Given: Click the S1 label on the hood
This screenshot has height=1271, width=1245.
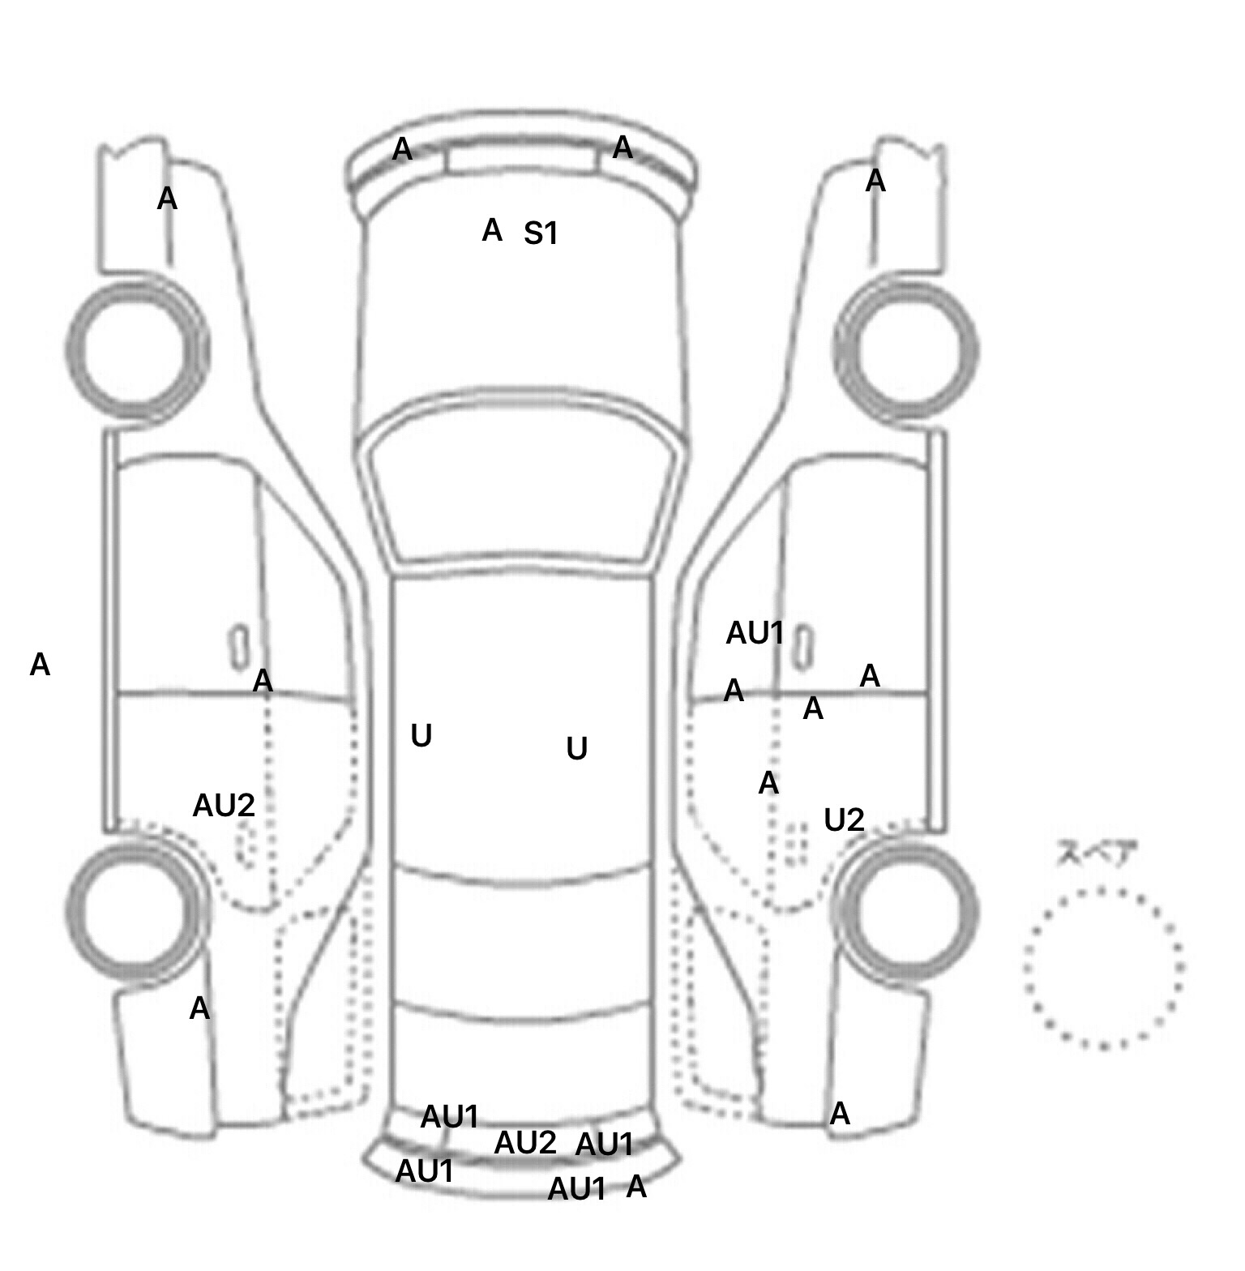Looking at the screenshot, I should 541,234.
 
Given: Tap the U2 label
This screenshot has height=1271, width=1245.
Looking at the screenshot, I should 844,821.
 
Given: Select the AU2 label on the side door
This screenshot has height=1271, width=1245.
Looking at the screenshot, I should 224,806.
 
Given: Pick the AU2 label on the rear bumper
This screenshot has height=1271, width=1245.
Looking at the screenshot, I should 525,1144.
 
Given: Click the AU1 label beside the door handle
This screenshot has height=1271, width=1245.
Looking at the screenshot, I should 755,634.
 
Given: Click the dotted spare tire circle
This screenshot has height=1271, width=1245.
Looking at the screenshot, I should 1104,968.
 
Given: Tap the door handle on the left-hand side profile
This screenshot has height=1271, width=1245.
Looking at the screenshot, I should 239,646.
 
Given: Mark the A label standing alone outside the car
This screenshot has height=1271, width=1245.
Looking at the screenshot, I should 40,665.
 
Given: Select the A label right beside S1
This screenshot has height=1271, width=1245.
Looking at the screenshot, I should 492,231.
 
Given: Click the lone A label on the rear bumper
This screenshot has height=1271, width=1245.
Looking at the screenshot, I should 637,1188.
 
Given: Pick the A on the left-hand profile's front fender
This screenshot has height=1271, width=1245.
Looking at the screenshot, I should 167,199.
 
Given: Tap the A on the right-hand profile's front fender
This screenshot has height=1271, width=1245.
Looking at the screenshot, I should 875,182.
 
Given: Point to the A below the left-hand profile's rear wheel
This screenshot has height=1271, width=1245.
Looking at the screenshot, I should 199,1009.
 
